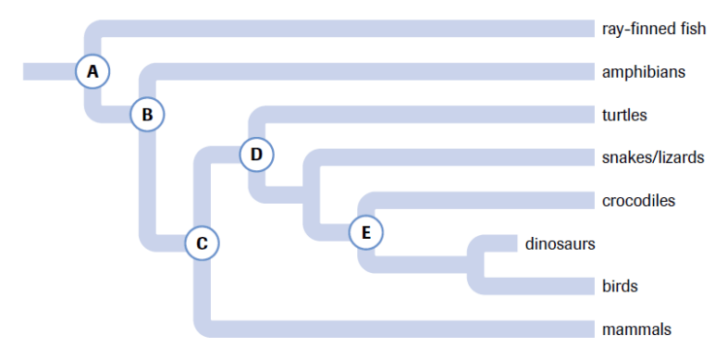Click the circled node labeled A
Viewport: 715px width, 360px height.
tap(92, 71)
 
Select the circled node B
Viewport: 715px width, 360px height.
tap(147, 114)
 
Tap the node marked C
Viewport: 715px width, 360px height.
tap(202, 242)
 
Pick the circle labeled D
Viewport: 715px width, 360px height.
tap(257, 155)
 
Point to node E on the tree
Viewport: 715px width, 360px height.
tap(366, 232)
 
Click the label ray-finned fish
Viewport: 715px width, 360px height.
tap(654, 29)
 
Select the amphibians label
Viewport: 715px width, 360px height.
tap(644, 71)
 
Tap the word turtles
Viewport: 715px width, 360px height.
tap(624, 115)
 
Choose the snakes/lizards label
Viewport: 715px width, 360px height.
tap(653, 157)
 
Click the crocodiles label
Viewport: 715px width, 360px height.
tap(638, 200)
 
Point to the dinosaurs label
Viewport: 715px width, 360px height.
tap(560, 243)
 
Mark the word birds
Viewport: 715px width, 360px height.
tap(620, 286)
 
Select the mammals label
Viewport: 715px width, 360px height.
tap(636, 329)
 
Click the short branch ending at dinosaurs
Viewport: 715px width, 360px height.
tap(500, 243)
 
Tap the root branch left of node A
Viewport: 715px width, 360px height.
tap(49, 71)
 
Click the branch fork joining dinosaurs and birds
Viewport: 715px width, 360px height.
tap(475, 265)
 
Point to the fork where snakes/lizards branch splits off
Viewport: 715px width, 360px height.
tap(312, 195)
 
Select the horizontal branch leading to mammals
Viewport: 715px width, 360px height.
tap(402, 329)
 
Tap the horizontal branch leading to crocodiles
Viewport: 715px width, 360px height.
tap(485, 200)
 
